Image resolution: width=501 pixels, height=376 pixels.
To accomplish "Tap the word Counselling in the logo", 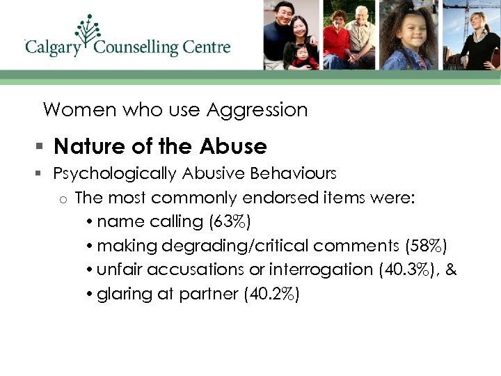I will (136, 47).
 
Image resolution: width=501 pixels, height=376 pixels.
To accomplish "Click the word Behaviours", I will (293, 173).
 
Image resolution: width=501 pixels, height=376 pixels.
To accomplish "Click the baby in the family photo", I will (303, 55).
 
